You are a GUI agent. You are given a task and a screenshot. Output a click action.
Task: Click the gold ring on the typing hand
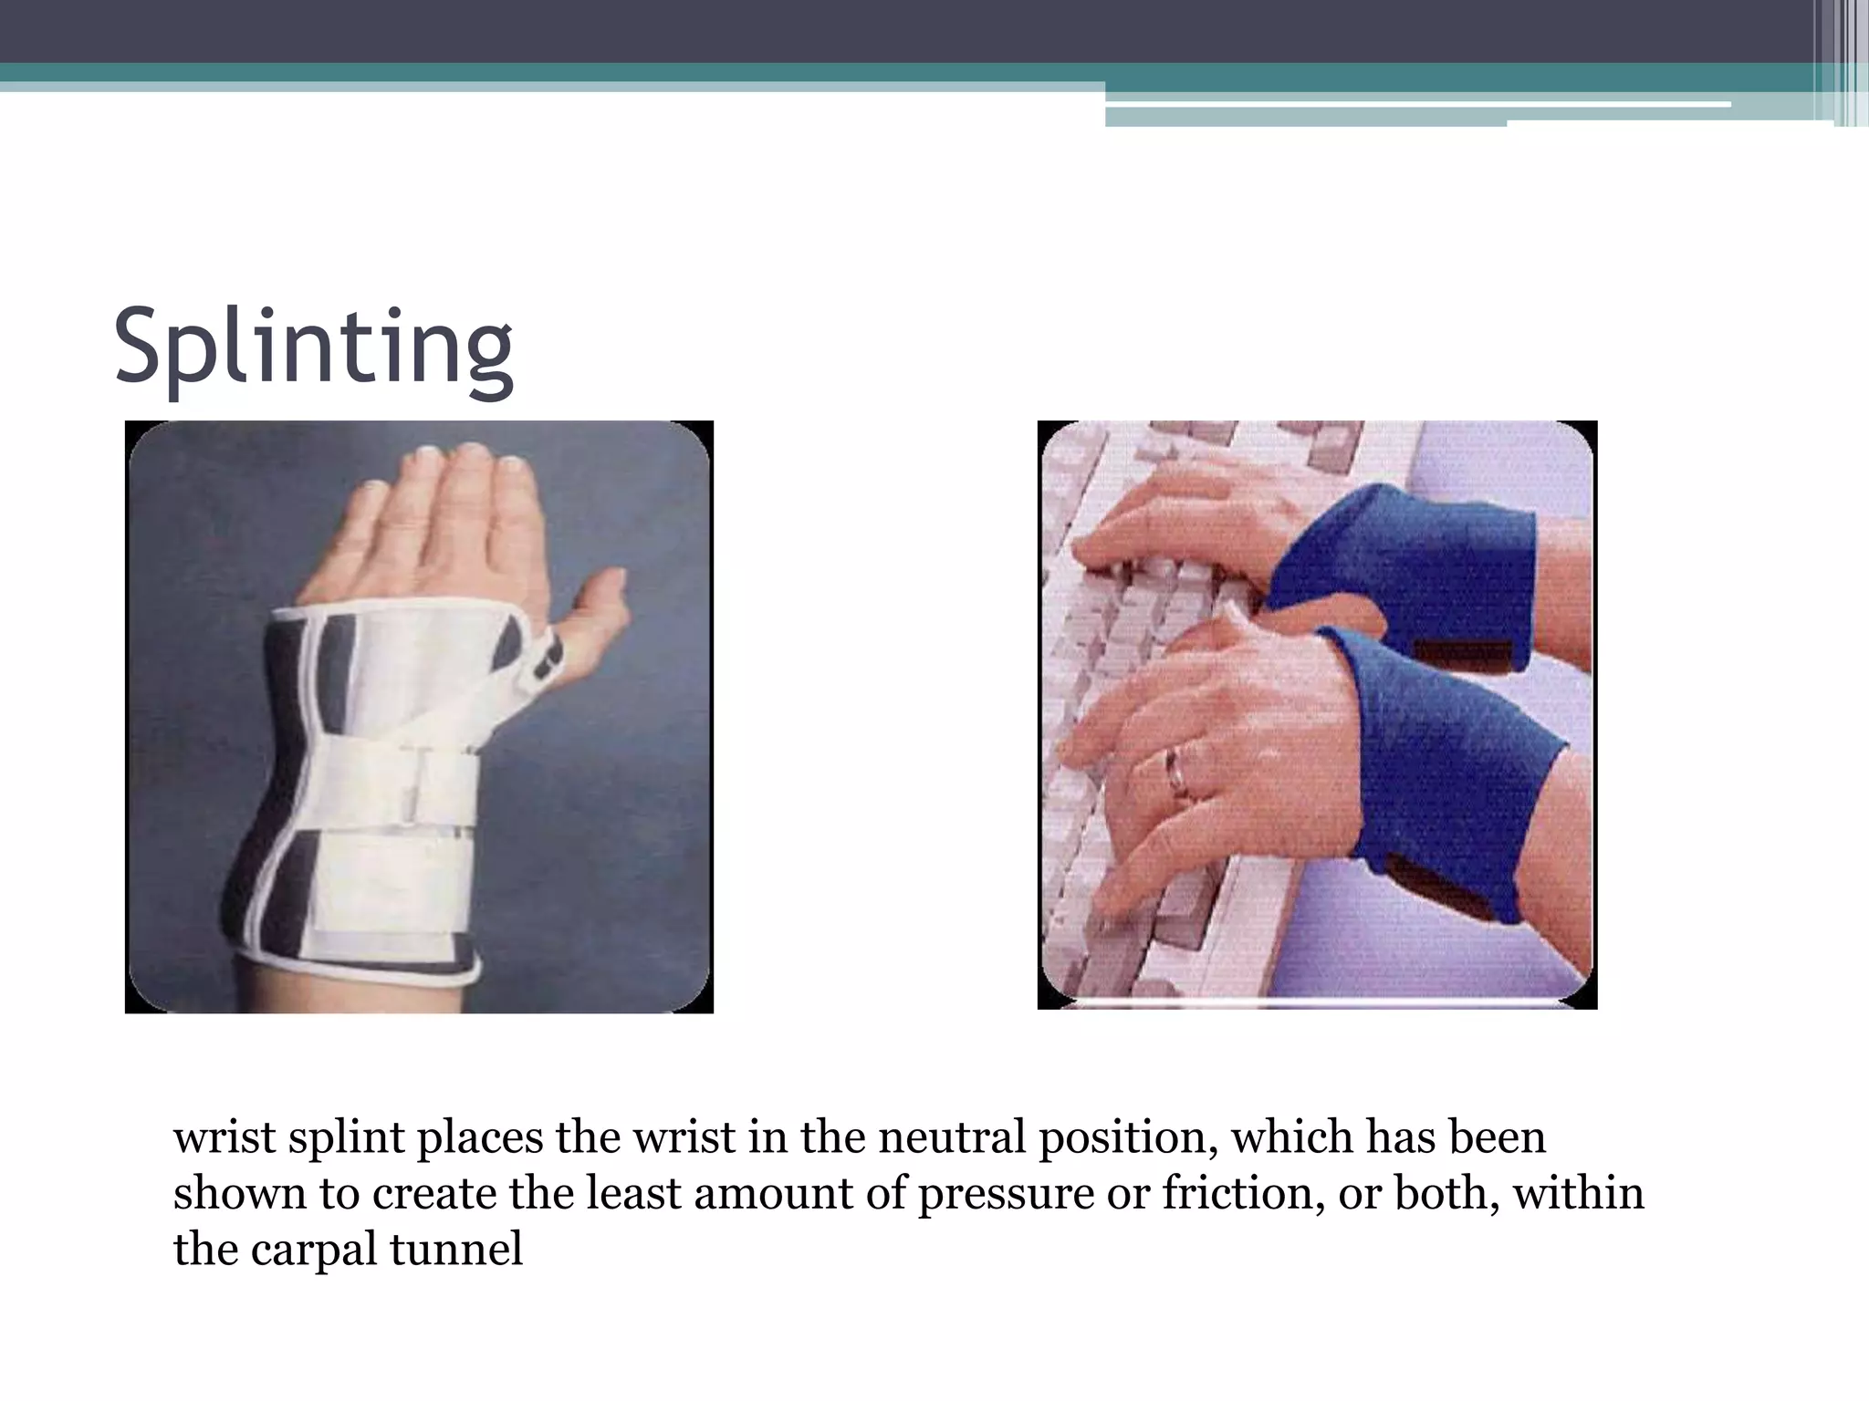tap(1177, 772)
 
